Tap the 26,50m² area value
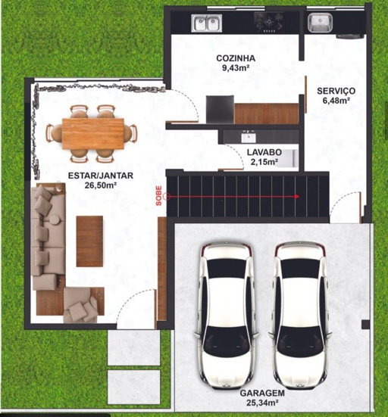(101, 185)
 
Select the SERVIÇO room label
(336, 92)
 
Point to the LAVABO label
(264, 152)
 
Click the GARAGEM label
(262, 393)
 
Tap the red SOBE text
(158, 196)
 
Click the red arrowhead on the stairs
(296, 197)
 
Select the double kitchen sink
(207, 23)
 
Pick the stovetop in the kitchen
(268, 22)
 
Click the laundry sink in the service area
(320, 23)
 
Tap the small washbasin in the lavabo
(249, 137)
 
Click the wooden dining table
(93, 134)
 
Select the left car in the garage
(227, 316)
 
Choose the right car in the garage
(301, 316)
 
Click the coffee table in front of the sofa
(89, 241)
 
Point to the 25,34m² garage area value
(262, 403)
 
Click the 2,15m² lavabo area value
(264, 162)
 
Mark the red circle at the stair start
(167, 197)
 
